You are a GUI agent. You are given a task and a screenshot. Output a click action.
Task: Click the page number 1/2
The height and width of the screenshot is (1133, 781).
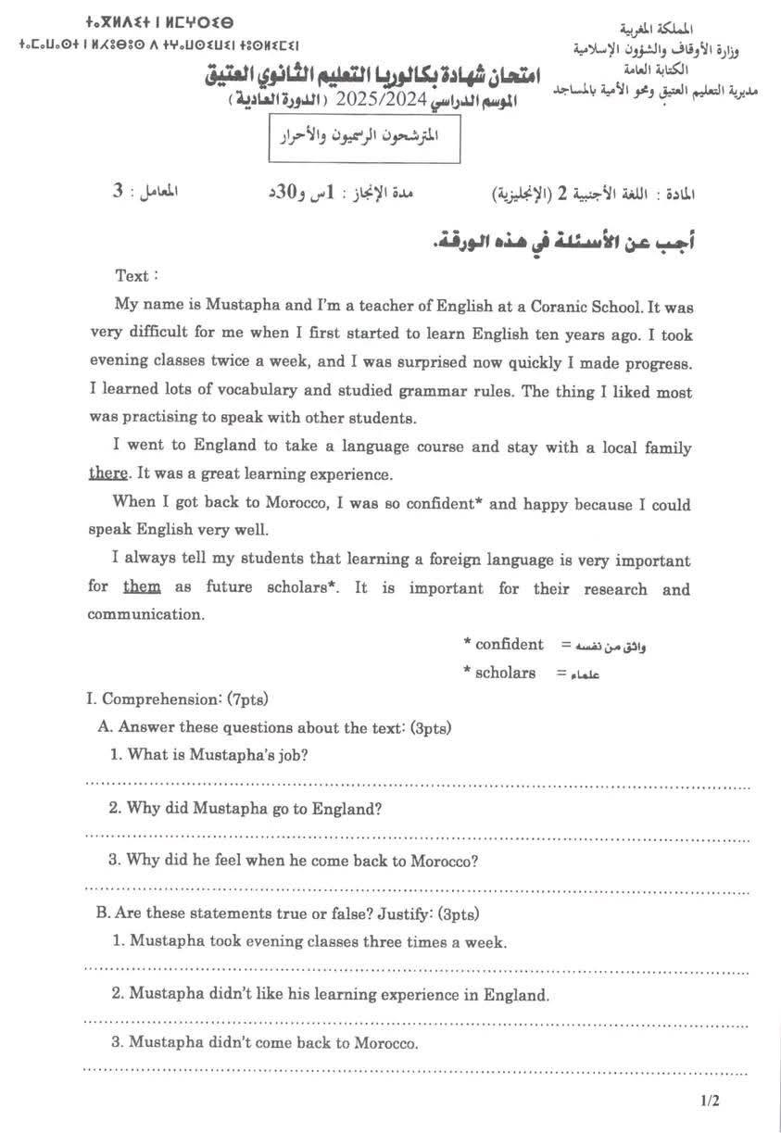coord(710,1102)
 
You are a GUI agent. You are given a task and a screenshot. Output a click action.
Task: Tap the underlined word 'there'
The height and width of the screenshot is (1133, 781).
coord(107,473)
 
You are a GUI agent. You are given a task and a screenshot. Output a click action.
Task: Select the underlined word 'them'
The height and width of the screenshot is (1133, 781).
coord(142,587)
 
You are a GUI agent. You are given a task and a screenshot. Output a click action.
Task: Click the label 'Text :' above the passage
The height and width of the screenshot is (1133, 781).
coord(136,275)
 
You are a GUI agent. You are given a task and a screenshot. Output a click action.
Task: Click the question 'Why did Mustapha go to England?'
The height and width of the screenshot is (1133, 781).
coord(245,808)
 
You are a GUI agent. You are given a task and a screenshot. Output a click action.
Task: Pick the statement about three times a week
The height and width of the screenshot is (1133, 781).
coord(309,942)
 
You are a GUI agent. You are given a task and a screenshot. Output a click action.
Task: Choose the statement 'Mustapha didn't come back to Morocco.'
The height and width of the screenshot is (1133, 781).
coord(265,1042)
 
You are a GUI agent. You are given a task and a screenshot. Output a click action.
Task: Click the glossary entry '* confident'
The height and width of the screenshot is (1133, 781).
coord(503,644)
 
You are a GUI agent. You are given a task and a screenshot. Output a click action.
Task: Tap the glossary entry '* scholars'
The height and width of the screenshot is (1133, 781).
coord(499,673)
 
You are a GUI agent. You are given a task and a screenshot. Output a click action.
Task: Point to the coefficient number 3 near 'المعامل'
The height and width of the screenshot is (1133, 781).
coord(117,191)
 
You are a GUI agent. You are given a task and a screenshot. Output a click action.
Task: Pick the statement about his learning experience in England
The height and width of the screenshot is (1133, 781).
coord(331,995)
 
